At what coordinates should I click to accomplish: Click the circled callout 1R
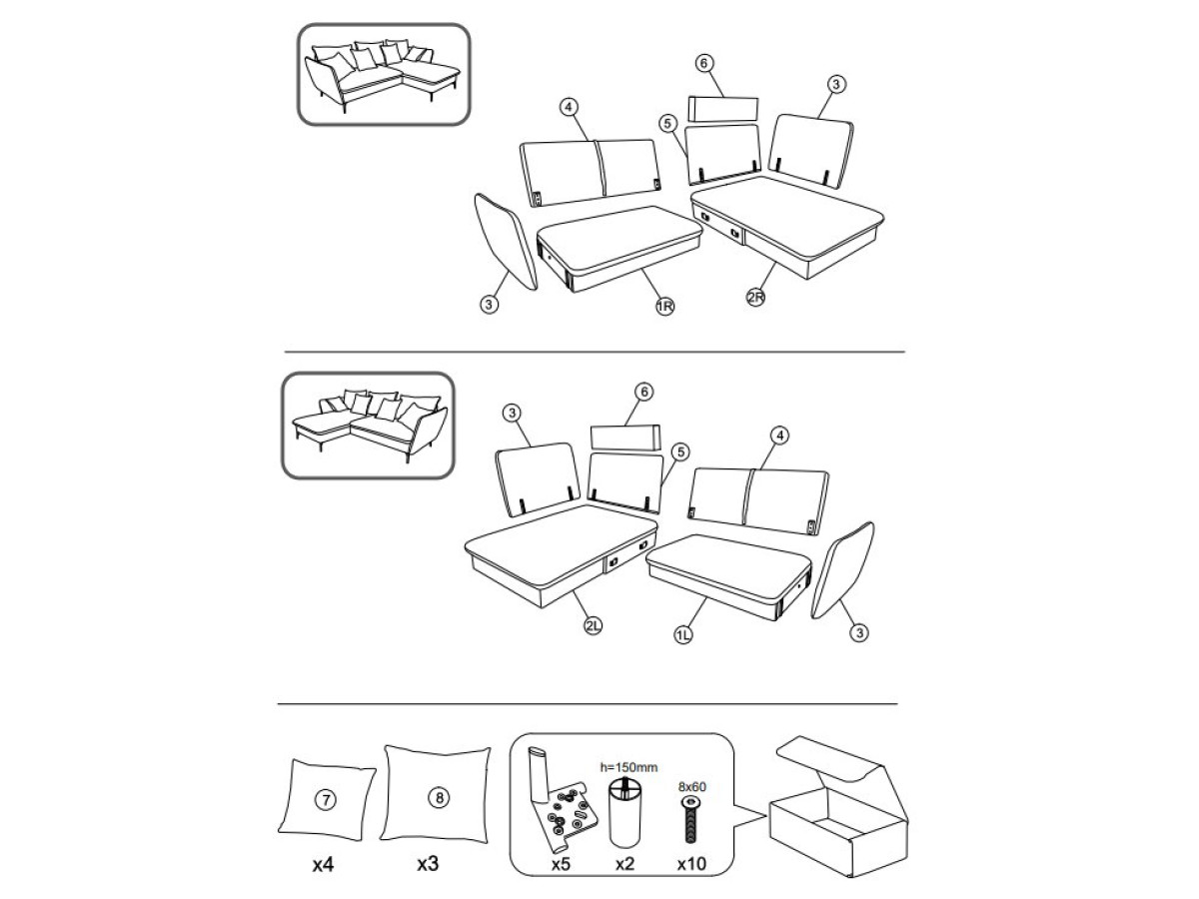click(x=664, y=307)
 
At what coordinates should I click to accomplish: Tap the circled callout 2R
click(x=755, y=297)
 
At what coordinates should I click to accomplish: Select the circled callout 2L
click(x=593, y=625)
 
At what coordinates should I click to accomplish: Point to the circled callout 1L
click(x=682, y=634)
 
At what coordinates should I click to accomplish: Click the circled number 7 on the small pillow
click(x=326, y=800)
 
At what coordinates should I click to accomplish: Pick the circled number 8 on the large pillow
click(x=440, y=798)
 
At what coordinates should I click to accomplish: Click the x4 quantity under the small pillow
click(x=323, y=864)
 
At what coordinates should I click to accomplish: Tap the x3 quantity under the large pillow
click(x=428, y=863)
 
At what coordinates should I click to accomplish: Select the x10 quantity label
click(x=691, y=863)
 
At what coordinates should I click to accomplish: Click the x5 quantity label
click(x=562, y=864)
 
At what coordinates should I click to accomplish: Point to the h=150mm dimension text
click(x=628, y=767)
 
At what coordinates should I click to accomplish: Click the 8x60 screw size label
click(x=692, y=786)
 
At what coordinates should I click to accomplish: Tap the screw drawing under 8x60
click(x=691, y=819)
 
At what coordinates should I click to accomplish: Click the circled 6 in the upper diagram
click(x=703, y=63)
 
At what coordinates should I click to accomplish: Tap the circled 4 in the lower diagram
click(x=779, y=436)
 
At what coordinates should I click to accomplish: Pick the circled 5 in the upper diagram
click(x=667, y=123)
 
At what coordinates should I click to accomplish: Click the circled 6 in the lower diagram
click(x=644, y=392)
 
